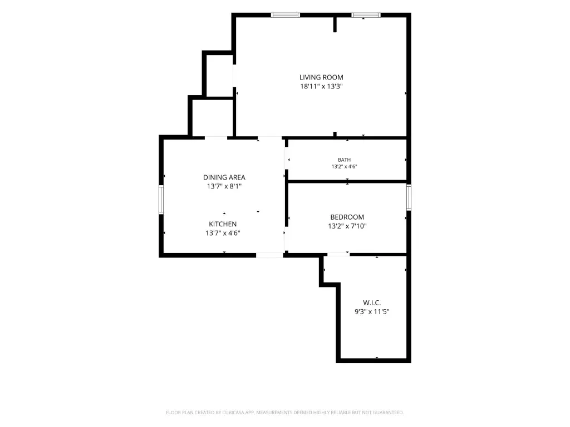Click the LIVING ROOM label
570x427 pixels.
[321, 77]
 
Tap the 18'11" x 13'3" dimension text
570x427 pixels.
[321, 86]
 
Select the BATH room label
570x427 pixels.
[344, 160]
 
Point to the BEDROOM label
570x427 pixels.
[347, 217]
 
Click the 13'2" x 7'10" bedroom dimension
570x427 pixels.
[347, 226]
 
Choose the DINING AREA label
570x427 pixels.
[224, 177]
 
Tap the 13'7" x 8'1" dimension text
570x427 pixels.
[224, 186]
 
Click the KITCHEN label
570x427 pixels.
[223, 225]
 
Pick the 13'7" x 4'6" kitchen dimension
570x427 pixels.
[223, 233]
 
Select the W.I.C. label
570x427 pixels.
[372, 303]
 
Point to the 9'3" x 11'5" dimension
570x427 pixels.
[372, 311]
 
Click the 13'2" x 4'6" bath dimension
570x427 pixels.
[344, 167]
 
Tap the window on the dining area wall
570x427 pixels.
[161, 200]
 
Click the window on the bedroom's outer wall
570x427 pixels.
[409, 197]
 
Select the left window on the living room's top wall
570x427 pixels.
[286, 15]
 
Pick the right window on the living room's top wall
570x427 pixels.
[366, 15]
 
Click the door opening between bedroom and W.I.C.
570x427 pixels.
[338, 255]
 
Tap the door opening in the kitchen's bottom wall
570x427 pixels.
[269, 255]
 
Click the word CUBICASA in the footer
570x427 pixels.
[233, 413]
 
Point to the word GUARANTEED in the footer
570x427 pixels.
[389, 413]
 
